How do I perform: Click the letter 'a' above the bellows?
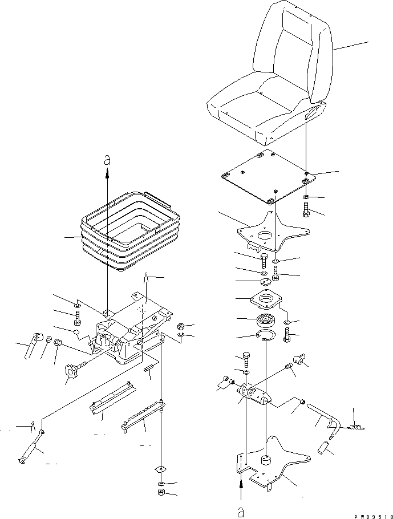click(107, 161)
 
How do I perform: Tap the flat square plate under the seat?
click(265, 176)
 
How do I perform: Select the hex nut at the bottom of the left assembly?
click(161, 492)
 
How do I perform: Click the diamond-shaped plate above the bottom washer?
click(161, 468)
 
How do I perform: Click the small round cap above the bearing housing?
click(264, 282)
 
